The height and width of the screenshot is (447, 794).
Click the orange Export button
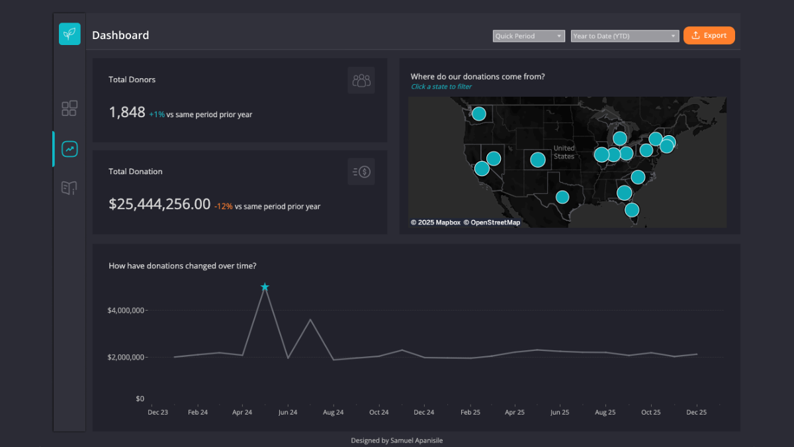click(x=709, y=36)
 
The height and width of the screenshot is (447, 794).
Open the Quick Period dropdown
click(x=528, y=36)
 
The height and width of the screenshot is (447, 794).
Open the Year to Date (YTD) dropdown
click(x=625, y=36)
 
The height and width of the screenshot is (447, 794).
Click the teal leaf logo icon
click(x=69, y=34)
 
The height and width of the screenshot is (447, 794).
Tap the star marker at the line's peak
click(x=265, y=287)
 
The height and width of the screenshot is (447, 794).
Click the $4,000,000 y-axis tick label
click(x=126, y=311)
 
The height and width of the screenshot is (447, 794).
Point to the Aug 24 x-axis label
click(x=333, y=412)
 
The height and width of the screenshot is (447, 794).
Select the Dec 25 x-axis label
click(x=695, y=412)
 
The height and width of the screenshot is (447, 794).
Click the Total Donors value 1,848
click(x=127, y=113)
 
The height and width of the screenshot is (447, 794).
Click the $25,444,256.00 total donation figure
click(x=159, y=205)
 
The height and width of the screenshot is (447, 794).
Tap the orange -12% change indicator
click(x=223, y=207)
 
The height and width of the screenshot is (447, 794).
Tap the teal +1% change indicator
click(x=156, y=115)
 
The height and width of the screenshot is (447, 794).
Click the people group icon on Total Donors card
click(x=361, y=80)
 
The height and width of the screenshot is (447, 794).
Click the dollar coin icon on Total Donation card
click(x=361, y=172)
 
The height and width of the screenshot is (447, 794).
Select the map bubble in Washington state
click(x=478, y=113)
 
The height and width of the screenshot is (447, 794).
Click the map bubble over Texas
click(x=562, y=197)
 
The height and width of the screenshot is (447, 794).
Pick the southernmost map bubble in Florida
click(x=632, y=210)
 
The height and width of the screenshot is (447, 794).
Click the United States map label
click(x=564, y=152)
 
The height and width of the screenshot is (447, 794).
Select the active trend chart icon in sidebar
click(x=69, y=149)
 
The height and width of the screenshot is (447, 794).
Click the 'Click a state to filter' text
click(x=441, y=87)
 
